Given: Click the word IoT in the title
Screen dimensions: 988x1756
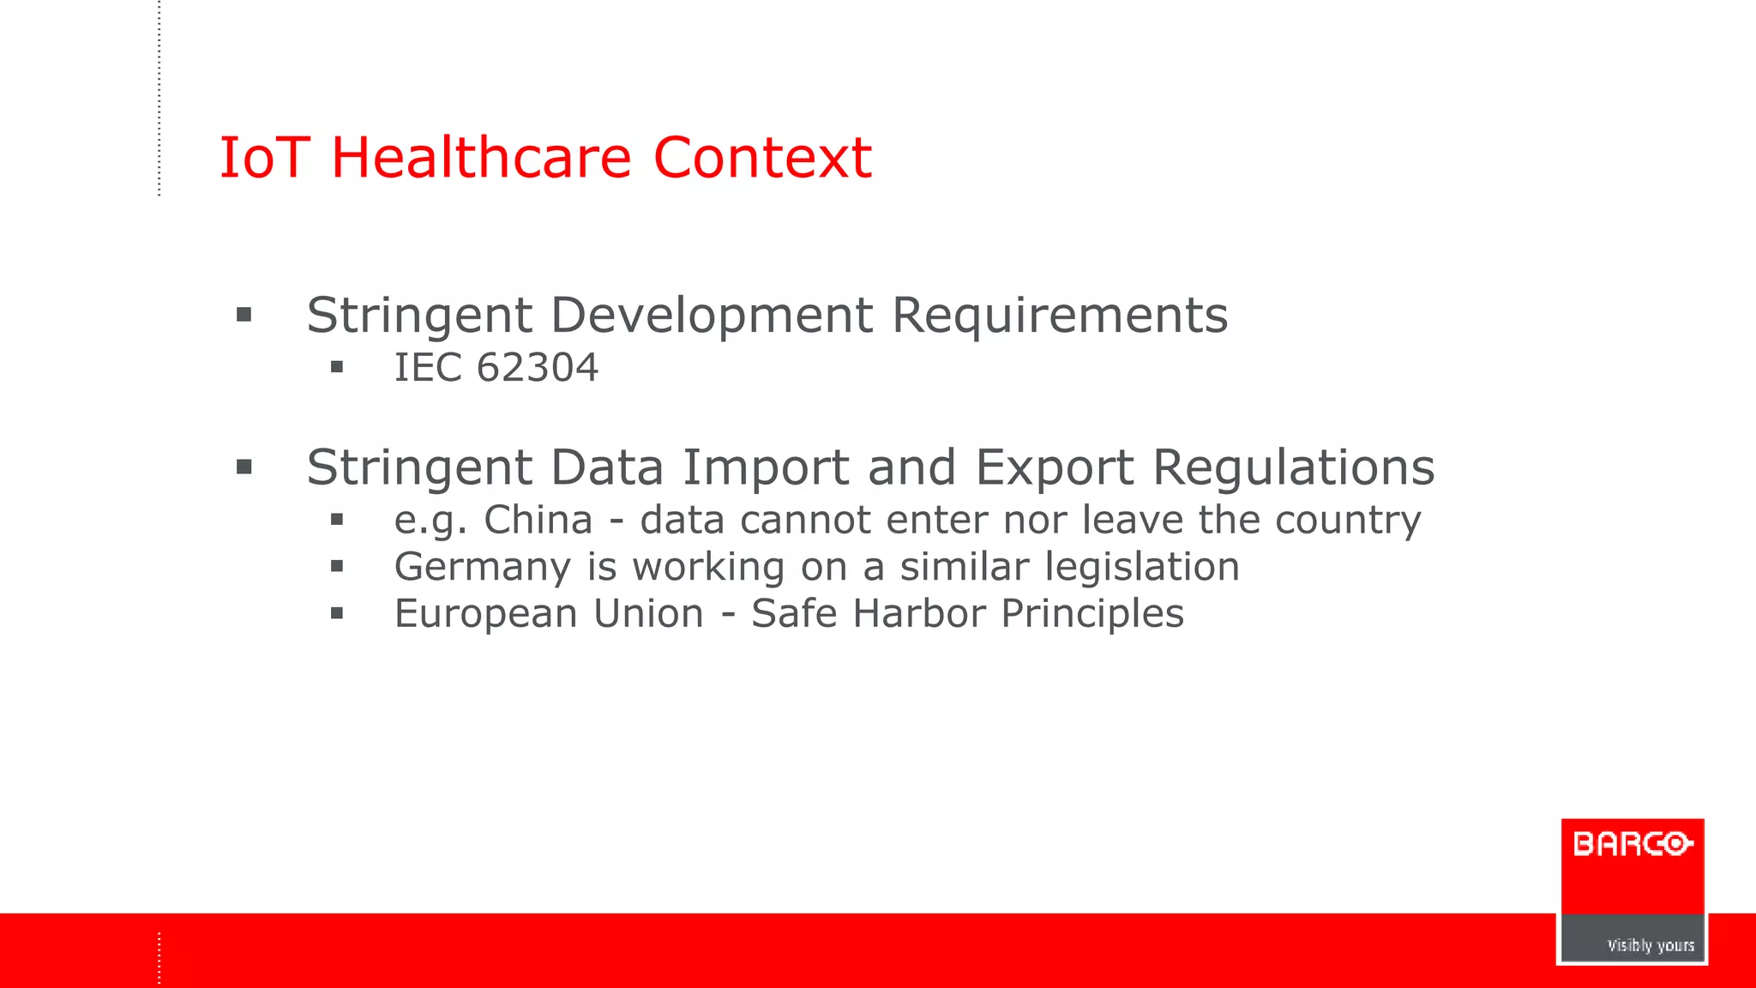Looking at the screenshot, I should point(263,158).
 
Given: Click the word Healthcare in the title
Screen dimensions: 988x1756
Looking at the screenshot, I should point(481,158).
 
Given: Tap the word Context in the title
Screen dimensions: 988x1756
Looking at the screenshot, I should point(762,158).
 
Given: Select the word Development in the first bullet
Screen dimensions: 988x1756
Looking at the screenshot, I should point(711,316).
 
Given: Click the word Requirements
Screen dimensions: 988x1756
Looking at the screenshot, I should point(1060,315).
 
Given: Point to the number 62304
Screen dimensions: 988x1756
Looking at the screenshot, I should point(537,368).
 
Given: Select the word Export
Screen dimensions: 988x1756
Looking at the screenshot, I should point(1054,468).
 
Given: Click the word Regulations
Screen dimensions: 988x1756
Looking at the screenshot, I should point(1293,468).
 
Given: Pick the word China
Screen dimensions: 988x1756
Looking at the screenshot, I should point(538,520).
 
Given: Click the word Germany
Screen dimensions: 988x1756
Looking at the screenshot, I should point(482,567).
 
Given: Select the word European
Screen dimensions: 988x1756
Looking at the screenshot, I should point(484,614).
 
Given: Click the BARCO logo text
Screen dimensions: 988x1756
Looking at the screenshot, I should point(1632,845).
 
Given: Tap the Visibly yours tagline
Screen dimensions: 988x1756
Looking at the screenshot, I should point(1650,945).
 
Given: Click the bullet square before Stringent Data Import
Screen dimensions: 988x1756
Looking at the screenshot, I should point(244,467).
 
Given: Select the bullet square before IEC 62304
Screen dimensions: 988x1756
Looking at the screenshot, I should point(337,368).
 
